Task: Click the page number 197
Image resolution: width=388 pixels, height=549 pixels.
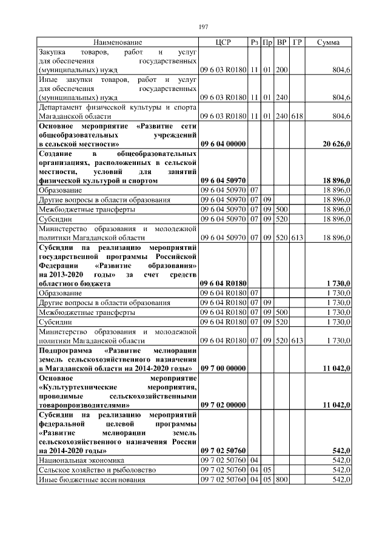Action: pyautogui.click(x=204, y=27)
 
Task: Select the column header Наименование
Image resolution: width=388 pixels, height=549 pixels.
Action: pyautogui.click(x=118, y=42)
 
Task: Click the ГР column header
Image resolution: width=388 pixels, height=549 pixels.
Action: pyautogui.click(x=297, y=42)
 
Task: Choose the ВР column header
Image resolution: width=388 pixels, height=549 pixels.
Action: pyautogui.click(x=282, y=42)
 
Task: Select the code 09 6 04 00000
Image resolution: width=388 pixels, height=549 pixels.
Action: pyautogui.click(x=223, y=145)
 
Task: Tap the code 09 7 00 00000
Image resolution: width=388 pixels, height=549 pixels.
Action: pyautogui.click(x=223, y=369)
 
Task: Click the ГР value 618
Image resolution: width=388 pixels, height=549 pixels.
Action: pyautogui.click(x=297, y=115)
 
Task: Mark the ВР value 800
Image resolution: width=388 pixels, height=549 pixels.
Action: pyautogui.click(x=281, y=480)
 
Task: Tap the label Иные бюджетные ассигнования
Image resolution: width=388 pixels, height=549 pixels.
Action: pyautogui.click(x=89, y=480)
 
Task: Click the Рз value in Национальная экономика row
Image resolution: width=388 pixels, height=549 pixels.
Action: pyautogui.click(x=255, y=460)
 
